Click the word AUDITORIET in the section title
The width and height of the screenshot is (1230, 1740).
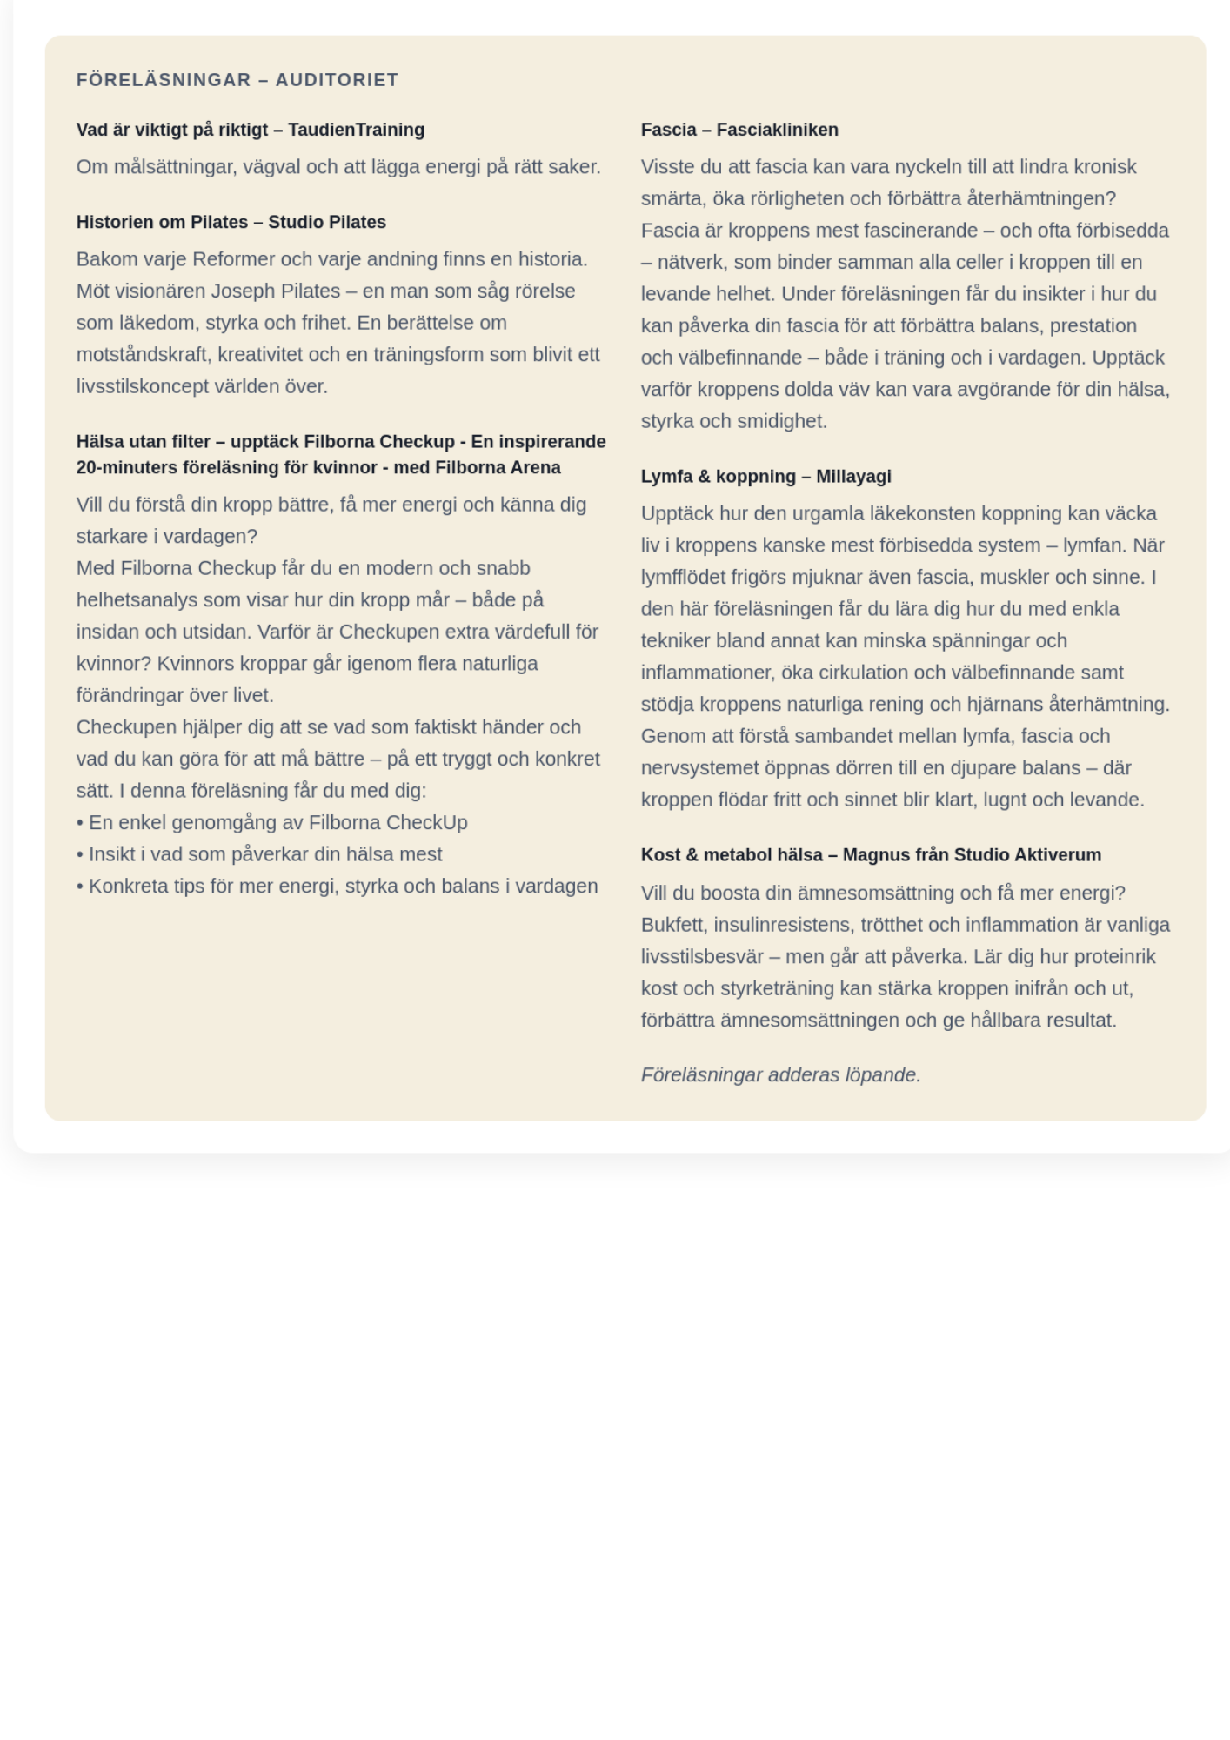(x=337, y=80)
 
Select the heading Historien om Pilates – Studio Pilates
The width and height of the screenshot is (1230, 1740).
(x=231, y=222)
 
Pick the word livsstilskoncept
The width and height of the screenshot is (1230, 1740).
(x=143, y=386)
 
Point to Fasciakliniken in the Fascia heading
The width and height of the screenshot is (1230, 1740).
(x=777, y=130)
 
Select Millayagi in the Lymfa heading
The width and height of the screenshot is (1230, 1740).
(x=853, y=476)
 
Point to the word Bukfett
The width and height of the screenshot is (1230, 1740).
(x=673, y=925)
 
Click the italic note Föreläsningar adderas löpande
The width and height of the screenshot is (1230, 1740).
(x=780, y=1074)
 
